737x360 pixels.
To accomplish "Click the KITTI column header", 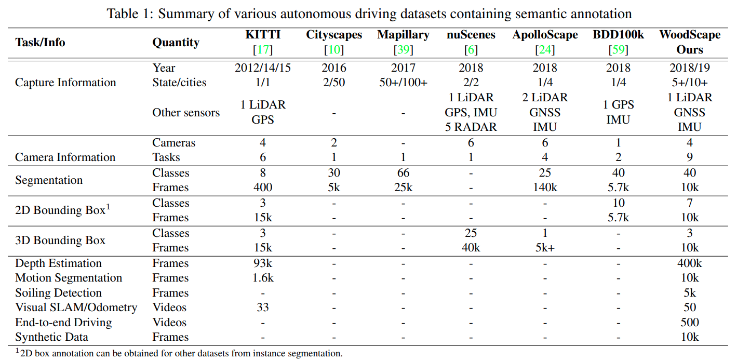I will pyautogui.click(x=263, y=35).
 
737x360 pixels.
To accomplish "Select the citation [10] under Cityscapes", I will pyautogui.click(x=333, y=50).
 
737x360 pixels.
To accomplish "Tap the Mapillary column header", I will pyautogui.click(x=403, y=35).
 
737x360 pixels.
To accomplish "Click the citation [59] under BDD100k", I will pyautogui.click(x=618, y=50).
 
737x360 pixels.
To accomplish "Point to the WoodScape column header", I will pyautogui.click(x=690, y=35).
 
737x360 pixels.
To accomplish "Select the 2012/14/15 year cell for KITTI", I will pyautogui.click(x=263, y=68).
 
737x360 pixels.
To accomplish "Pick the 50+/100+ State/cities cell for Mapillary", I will pyautogui.click(x=403, y=83).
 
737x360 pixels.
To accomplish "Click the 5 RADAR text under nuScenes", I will pyautogui.click(x=471, y=127).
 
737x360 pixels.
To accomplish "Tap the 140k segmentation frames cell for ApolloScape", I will pyautogui.click(x=545, y=188).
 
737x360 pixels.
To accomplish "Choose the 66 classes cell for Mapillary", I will pyautogui.click(x=403, y=173).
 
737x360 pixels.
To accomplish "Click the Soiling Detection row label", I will pyautogui.click(x=58, y=293).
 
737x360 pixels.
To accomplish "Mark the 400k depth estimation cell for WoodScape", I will pyautogui.click(x=690, y=263).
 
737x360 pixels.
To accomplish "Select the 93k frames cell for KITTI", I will pyautogui.click(x=263, y=263).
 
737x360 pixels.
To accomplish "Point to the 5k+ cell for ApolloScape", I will pyautogui.click(x=545, y=248).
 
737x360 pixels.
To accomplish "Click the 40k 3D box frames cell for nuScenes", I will pyautogui.click(x=471, y=248).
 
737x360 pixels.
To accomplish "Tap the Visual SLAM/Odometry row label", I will pyautogui.click(x=76, y=308).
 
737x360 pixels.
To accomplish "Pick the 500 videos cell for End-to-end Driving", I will pyautogui.click(x=690, y=322).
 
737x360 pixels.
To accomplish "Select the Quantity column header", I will pyautogui.click(x=176, y=43).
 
